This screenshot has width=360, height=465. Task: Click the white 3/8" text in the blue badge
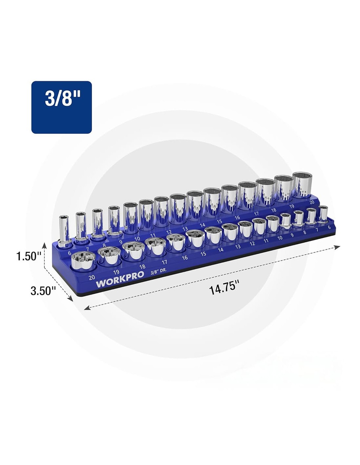tap(63, 99)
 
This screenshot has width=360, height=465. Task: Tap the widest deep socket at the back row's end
tap(302, 184)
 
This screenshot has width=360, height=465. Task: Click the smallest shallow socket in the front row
tap(323, 214)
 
